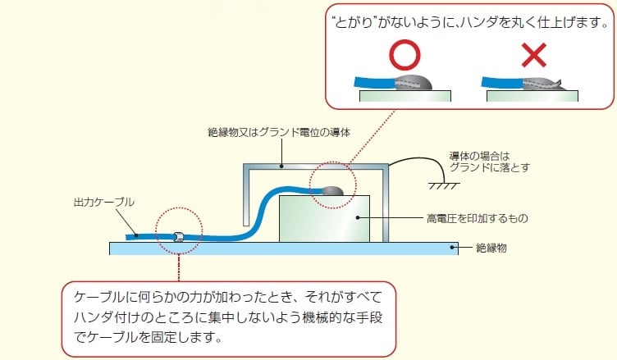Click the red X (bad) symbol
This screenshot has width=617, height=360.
(534, 56)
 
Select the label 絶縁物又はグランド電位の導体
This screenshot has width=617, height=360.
(280, 132)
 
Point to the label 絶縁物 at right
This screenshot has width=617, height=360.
(491, 247)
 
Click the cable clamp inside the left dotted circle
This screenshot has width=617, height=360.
(176, 237)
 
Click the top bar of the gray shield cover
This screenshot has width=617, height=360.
(315, 166)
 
